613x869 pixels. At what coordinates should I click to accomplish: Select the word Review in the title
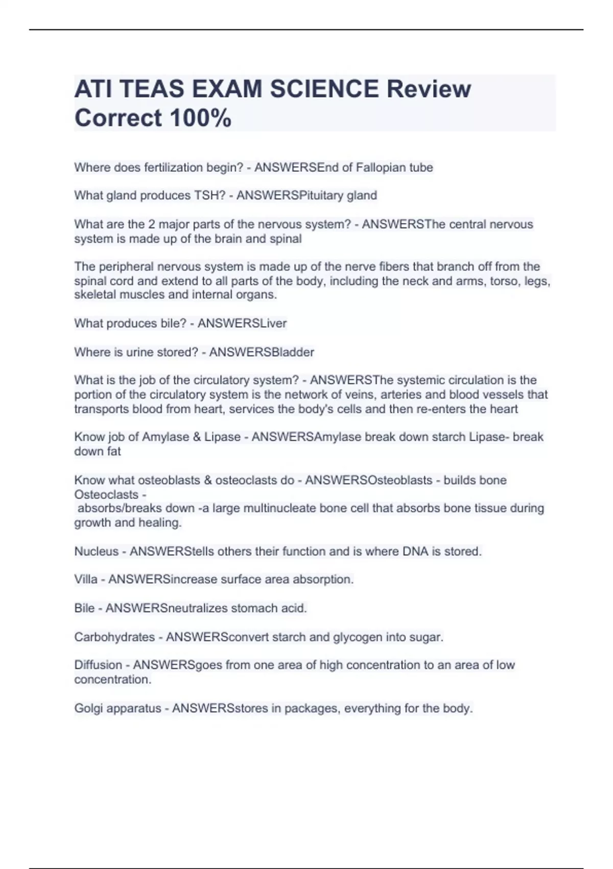click(x=429, y=89)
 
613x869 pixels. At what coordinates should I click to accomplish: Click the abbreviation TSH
click(x=206, y=196)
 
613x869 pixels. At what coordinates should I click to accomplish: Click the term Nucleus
click(x=96, y=552)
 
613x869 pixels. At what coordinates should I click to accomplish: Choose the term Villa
click(x=86, y=580)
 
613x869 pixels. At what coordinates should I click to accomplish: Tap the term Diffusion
click(x=98, y=665)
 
